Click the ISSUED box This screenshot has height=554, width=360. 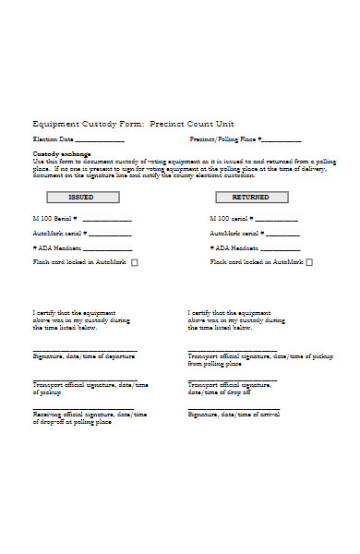click(82, 197)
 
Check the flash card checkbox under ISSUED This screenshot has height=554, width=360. click(135, 262)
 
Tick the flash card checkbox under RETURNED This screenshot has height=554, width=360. click(309, 262)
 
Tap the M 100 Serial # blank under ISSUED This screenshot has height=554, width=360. click(107, 220)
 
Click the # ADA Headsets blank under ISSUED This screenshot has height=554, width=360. click(109, 249)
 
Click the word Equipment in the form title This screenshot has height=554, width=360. click(56, 124)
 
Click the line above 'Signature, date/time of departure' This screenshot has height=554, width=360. click(85, 351)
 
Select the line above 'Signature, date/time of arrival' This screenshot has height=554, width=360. click(234, 409)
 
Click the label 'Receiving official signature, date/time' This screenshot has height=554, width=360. click(90, 415)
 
